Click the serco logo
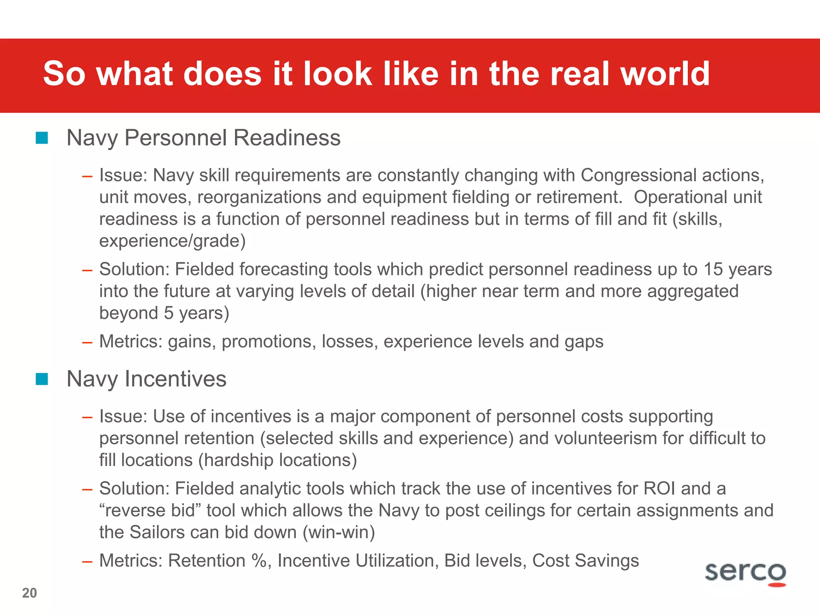745,573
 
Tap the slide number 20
29,593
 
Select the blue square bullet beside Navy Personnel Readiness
42,138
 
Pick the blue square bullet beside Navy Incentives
42,379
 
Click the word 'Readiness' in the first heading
287,138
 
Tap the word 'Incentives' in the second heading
175,379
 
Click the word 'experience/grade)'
173,241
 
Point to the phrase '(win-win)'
338,533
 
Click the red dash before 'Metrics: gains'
87,342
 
